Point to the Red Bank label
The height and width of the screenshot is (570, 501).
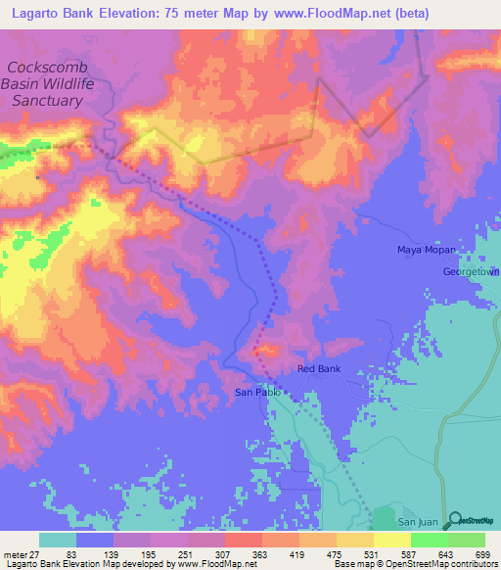[319, 369]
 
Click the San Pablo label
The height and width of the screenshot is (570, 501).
[257, 392]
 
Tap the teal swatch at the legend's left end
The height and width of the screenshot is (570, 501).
[58, 541]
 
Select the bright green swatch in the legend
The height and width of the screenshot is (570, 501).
[430, 541]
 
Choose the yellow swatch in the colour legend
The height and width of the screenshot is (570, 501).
[392, 541]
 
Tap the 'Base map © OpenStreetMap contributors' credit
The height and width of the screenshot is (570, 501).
[414, 564]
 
